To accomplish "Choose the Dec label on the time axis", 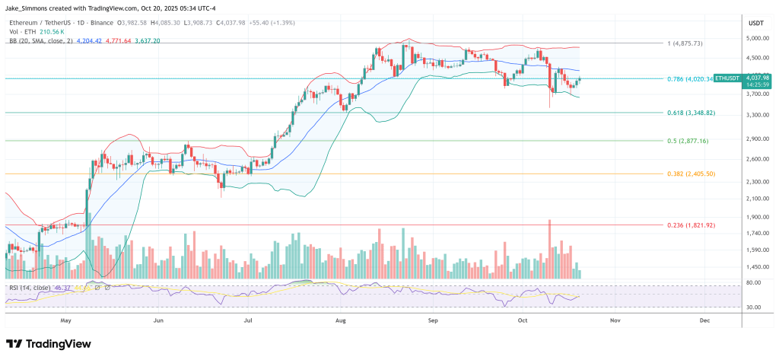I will [704, 321].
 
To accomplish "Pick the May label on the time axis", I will [65, 321].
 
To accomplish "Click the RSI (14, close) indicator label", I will [31, 288].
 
